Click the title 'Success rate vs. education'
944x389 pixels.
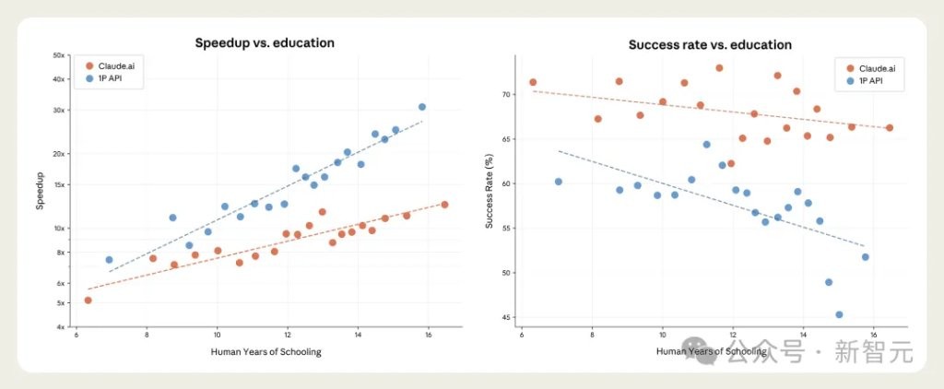(710, 44)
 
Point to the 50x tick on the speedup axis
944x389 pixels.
(58, 55)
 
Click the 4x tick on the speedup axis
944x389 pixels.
(60, 327)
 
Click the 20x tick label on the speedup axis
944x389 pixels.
(58, 153)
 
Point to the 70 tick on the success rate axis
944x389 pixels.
(505, 94)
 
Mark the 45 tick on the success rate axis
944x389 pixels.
(505, 318)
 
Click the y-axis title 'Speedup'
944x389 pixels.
(41, 192)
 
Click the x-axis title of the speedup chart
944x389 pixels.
(265, 352)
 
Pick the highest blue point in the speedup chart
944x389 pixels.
(422, 107)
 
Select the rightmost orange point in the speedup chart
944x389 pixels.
(444, 205)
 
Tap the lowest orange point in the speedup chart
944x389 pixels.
(88, 301)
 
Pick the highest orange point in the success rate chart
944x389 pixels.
(719, 68)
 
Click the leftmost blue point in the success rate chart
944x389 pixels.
(558, 182)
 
